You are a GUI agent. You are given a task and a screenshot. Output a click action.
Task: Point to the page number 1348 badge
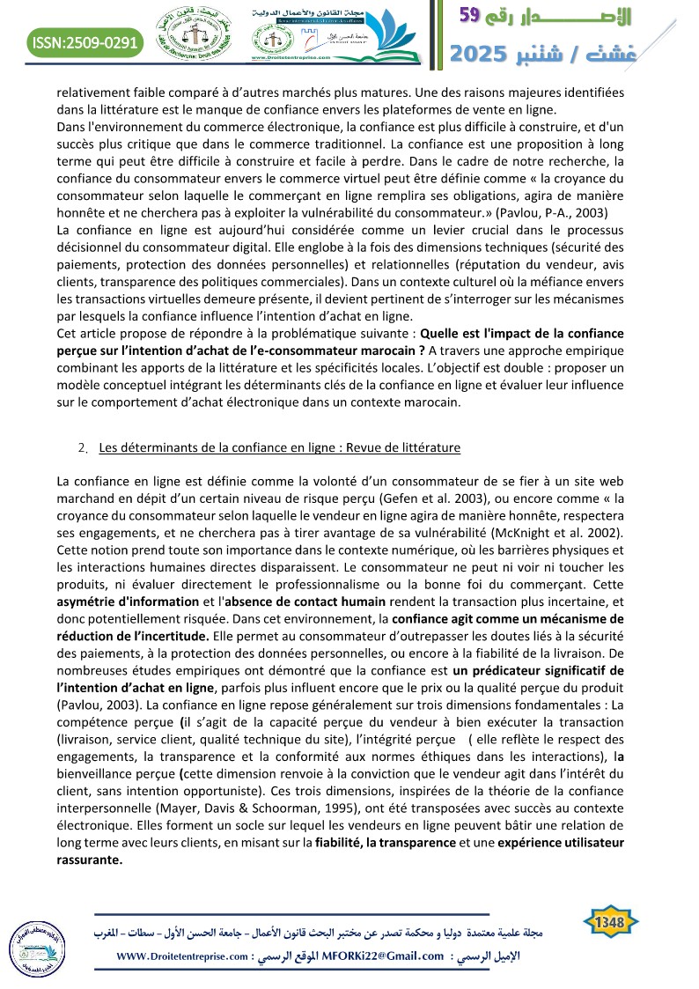(x=610, y=922)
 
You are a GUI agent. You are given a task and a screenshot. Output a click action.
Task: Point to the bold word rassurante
(x=89, y=860)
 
